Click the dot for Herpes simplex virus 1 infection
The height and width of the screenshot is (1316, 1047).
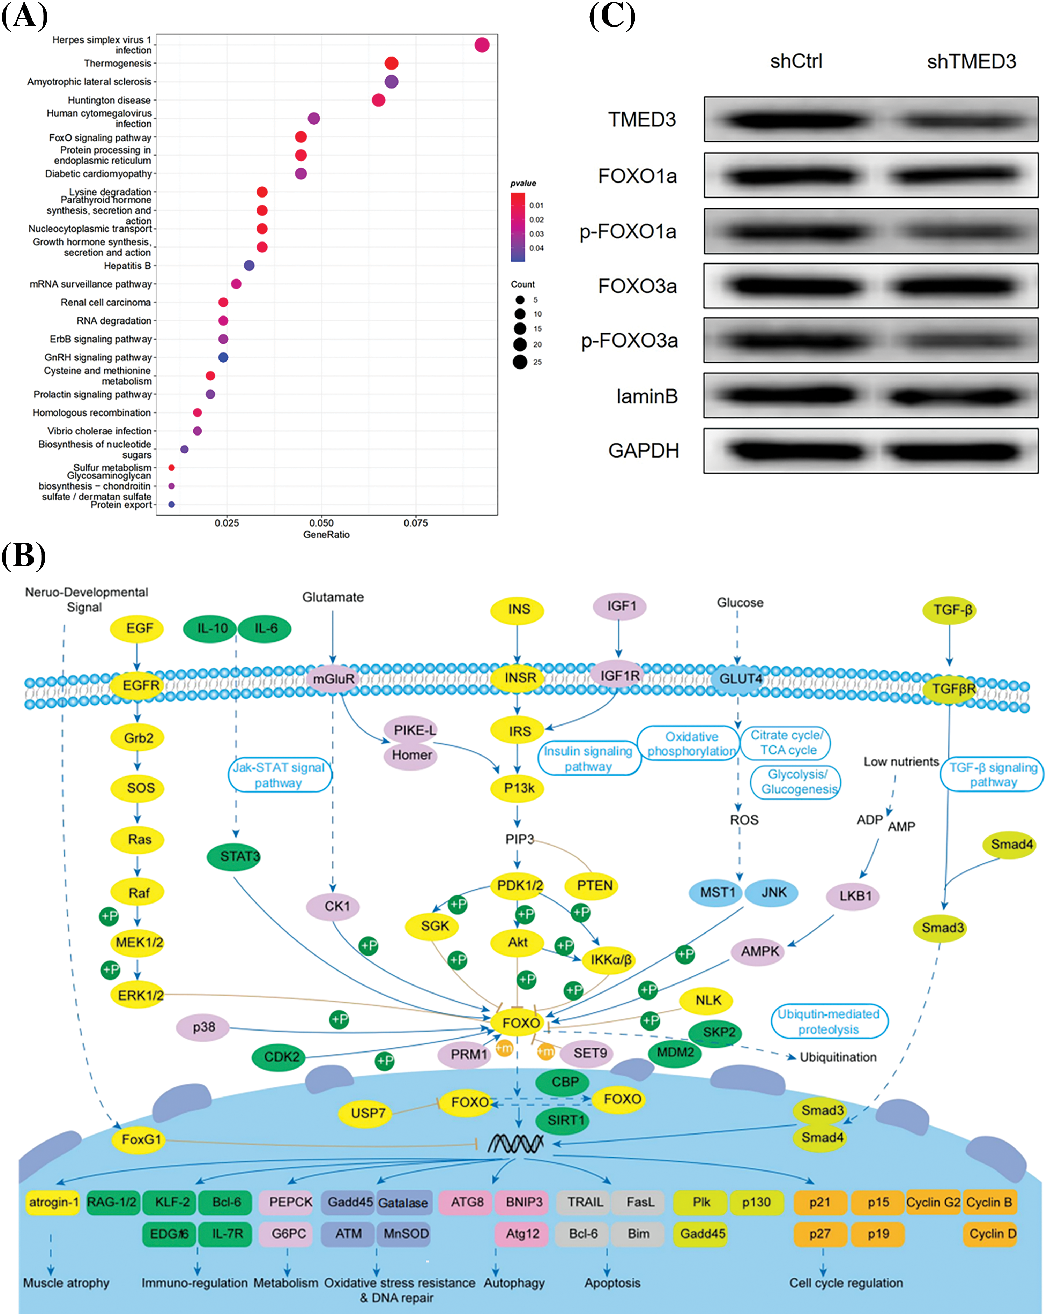pos(482,45)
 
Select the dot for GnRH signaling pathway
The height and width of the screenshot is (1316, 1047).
pos(223,357)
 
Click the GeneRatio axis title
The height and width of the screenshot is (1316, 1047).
pos(326,535)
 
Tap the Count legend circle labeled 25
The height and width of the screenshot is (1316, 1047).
pos(520,362)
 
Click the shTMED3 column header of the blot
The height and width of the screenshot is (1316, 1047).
pos(971,62)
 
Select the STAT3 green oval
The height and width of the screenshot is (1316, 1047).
pos(239,856)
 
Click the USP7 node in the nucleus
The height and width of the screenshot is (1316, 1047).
pos(367,1113)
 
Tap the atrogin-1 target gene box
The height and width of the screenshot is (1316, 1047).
pos(53,1202)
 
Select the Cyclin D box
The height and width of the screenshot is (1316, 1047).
pos(992,1234)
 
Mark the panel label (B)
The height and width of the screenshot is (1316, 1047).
pos(23,556)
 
